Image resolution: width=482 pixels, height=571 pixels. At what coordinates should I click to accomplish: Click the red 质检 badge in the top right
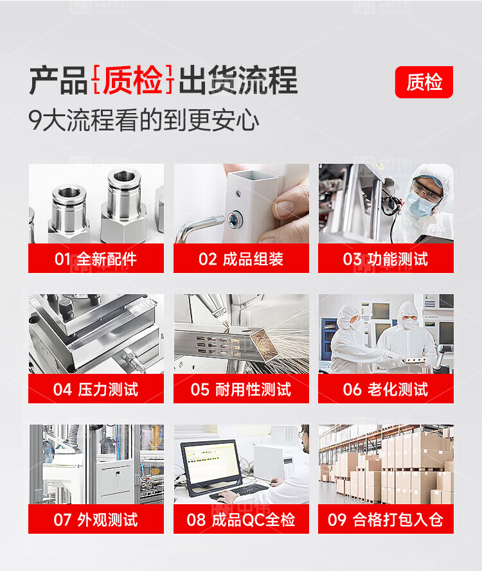coord(424,82)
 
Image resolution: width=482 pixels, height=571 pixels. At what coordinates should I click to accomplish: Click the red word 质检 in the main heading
coord(133,80)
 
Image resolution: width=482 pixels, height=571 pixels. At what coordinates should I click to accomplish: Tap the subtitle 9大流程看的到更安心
coord(144,120)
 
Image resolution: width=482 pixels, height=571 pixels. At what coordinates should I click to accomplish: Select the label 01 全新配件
coord(96,259)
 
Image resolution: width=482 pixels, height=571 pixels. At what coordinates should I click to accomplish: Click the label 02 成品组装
coord(241,259)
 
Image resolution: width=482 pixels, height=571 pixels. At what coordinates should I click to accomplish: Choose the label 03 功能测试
coord(386,259)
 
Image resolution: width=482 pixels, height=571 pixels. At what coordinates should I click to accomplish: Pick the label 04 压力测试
coord(96,389)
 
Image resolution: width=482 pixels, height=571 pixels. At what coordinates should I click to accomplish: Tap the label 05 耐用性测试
coord(241,389)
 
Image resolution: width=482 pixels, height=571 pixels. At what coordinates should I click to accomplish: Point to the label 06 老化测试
coord(386,389)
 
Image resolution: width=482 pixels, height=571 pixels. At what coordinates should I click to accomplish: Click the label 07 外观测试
coord(96,520)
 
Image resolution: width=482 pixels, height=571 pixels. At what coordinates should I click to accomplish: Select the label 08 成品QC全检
coord(241,520)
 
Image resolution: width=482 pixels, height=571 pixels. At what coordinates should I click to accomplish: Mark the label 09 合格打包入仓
coord(386,520)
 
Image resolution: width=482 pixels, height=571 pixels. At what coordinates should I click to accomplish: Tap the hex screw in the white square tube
coord(233,218)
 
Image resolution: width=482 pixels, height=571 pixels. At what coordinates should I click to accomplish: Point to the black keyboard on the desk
coord(240,491)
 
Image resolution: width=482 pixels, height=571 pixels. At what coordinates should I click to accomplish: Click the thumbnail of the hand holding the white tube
coord(241,204)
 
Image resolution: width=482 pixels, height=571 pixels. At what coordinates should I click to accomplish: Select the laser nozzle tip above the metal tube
coord(225,324)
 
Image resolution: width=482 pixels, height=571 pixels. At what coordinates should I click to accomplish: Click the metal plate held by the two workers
coord(414,360)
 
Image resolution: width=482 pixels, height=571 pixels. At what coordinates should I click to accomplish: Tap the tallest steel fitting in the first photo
coord(124,206)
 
